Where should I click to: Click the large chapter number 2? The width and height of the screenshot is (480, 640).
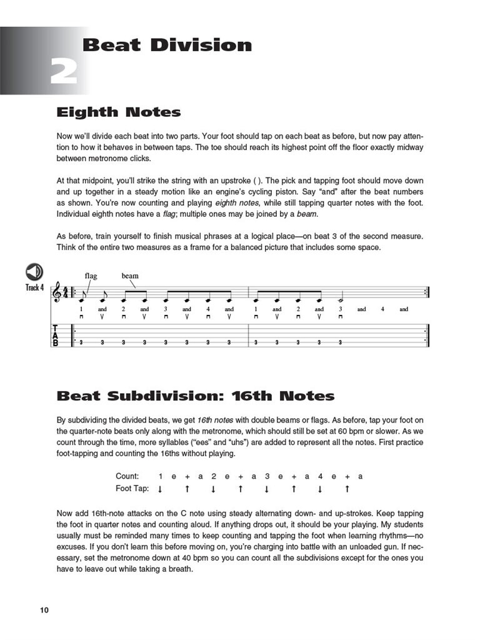[64, 72]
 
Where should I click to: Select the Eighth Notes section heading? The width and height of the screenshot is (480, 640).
[119, 112]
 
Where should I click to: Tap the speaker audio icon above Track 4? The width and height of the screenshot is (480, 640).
[34, 272]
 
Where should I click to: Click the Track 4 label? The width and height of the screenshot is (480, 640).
[34, 288]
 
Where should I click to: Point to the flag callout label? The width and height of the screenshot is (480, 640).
[91, 276]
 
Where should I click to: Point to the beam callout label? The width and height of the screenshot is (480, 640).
[130, 276]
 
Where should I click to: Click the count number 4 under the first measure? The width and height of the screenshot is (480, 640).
[208, 309]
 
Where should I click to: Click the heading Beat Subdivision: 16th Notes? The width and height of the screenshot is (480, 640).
[195, 396]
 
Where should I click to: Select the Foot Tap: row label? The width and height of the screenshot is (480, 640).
[132, 489]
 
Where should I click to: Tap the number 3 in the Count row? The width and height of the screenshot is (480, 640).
[267, 476]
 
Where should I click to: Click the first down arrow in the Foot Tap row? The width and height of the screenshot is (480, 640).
[160, 489]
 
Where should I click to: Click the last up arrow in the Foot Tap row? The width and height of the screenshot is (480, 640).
[347, 489]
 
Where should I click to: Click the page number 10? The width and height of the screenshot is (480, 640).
[43, 610]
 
